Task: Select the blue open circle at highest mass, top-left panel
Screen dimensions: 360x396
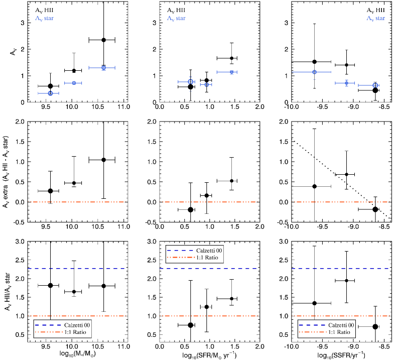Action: point(103,67)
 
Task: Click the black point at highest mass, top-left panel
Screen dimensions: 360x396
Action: point(103,40)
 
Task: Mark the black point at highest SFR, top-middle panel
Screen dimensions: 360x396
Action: point(231,58)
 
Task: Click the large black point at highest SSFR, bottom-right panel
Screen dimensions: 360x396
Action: point(375,326)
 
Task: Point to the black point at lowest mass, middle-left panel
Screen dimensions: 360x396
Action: point(50,191)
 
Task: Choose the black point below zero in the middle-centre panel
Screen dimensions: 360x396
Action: point(190,209)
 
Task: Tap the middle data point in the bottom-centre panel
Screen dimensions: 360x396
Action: point(207,307)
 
